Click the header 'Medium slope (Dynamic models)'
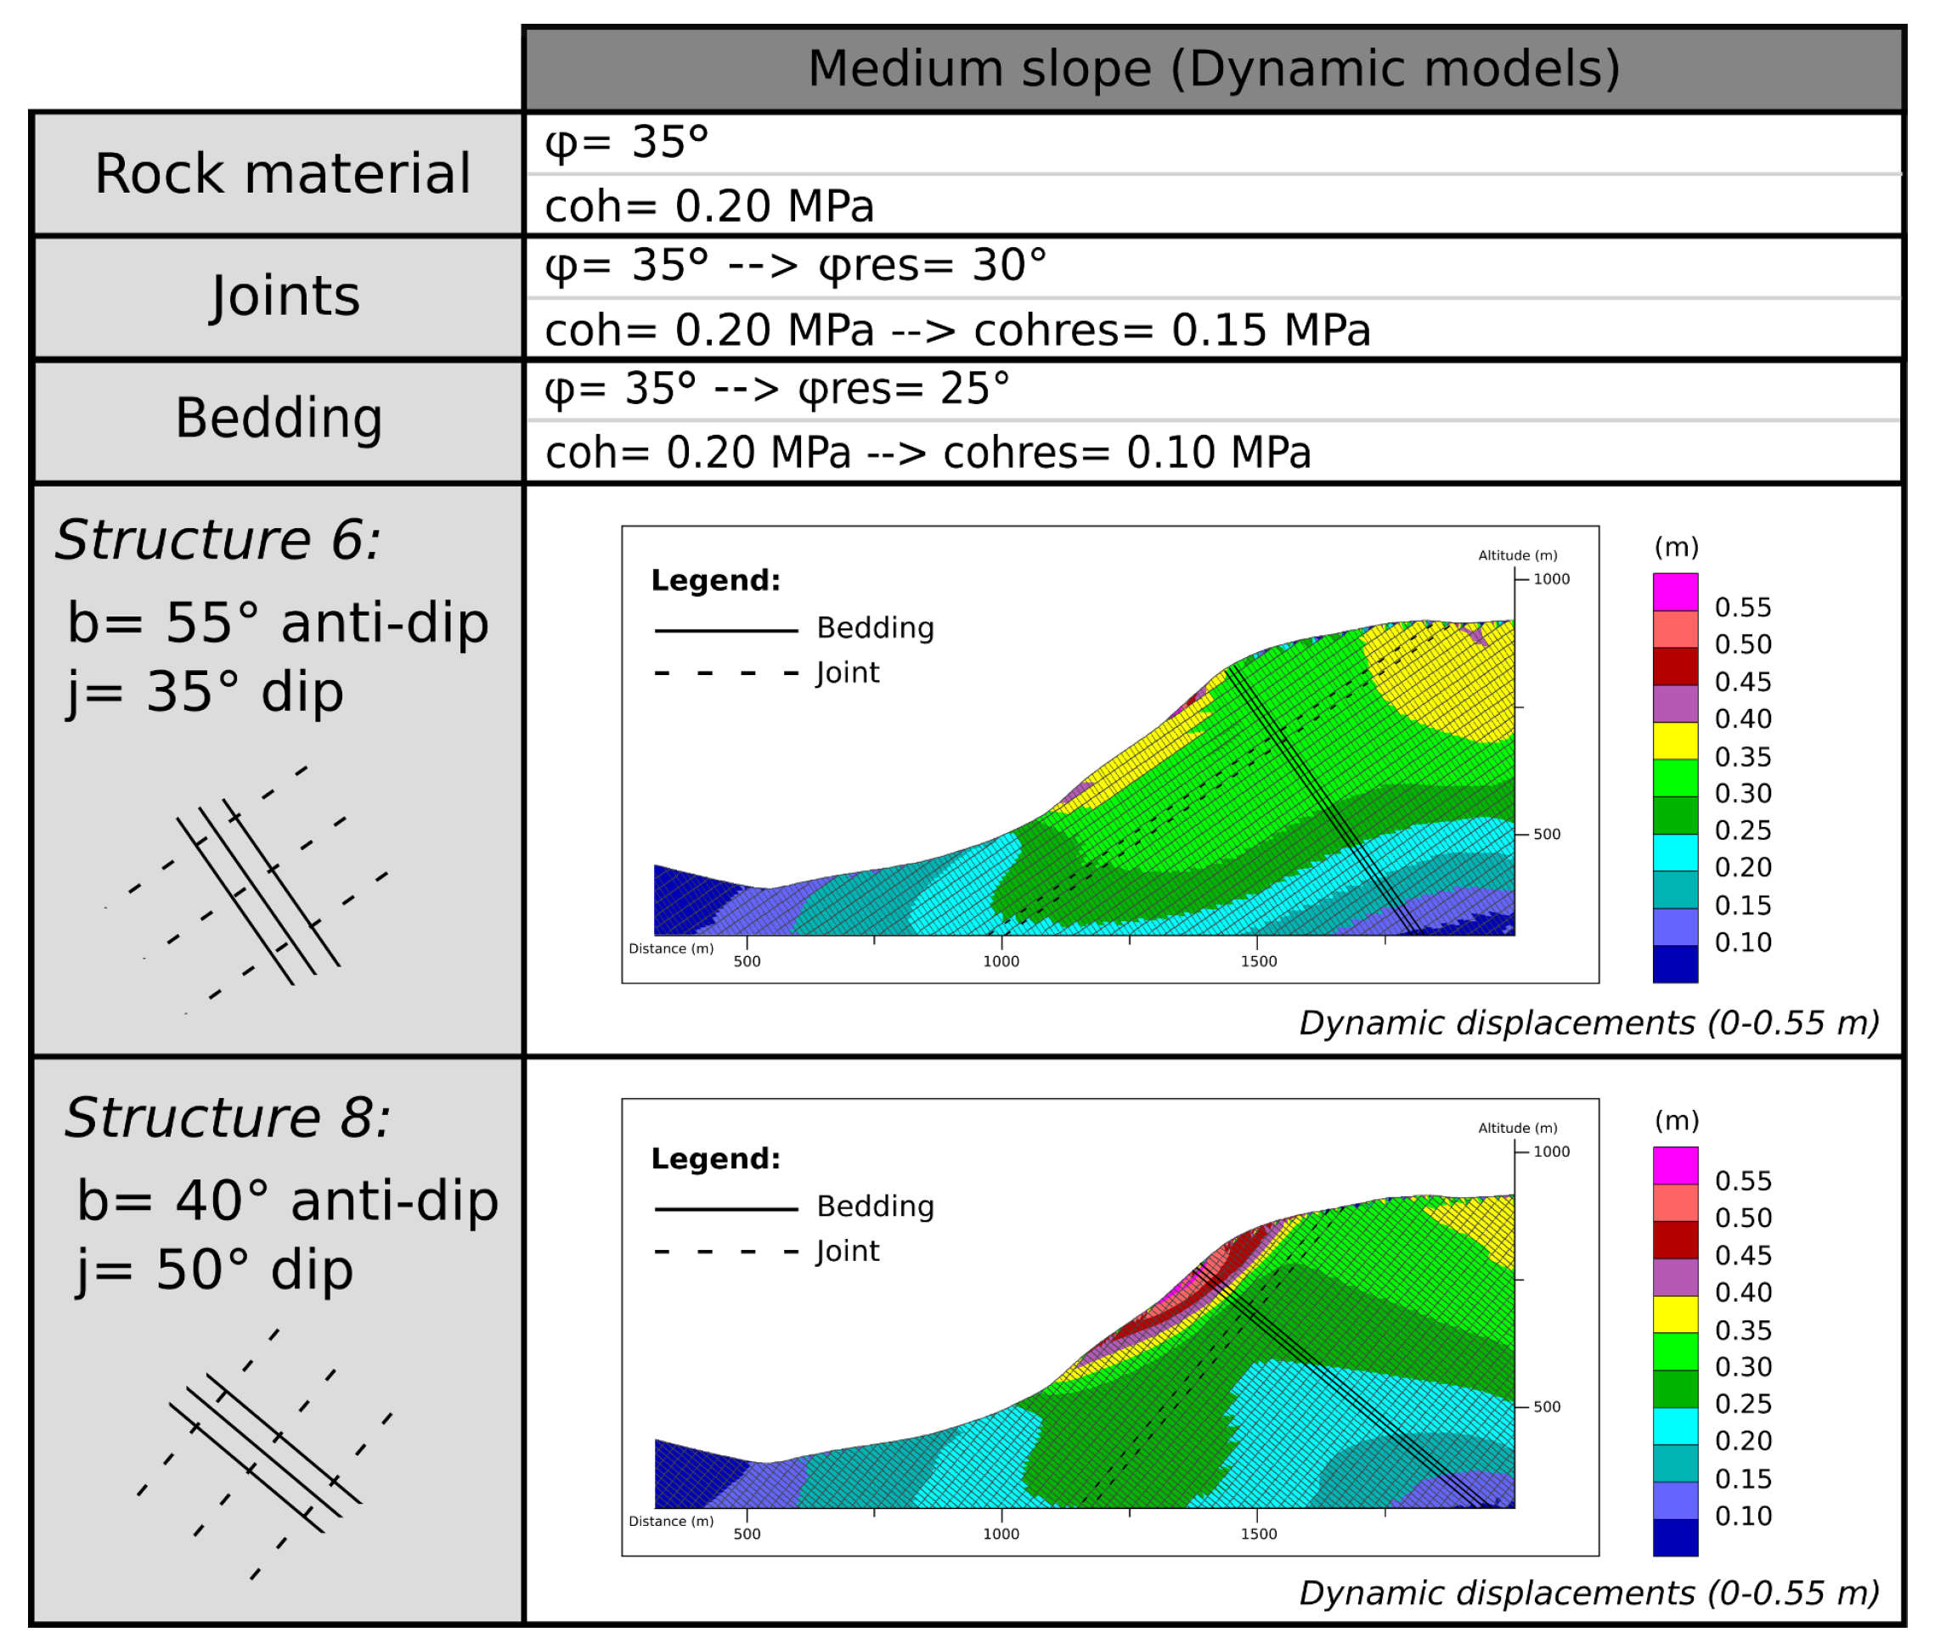point(1213,68)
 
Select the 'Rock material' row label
point(282,174)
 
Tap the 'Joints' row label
point(285,296)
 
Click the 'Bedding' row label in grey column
point(279,418)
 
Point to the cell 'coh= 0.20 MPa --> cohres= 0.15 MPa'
point(956,331)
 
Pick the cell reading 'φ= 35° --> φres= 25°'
point(776,389)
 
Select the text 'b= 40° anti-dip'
point(287,1202)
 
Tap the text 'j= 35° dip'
point(205,693)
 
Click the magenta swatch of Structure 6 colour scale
point(1675,592)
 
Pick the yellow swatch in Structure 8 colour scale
point(1675,1314)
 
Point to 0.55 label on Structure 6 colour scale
point(1742,608)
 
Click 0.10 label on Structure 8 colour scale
point(1742,1516)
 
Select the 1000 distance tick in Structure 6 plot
point(1001,961)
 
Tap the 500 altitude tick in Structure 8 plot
point(1547,1407)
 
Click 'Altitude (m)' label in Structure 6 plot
point(1517,555)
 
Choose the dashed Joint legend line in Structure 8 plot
point(725,1252)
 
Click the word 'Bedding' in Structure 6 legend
point(874,628)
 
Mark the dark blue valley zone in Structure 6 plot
point(683,902)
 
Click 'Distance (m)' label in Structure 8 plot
point(670,1521)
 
